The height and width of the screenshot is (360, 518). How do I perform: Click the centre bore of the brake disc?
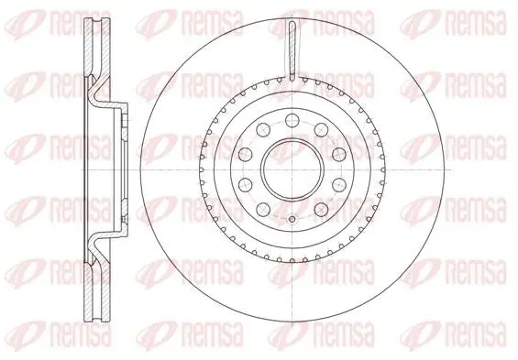tap(292, 169)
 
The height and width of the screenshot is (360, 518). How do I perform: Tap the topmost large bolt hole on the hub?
tap(292, 120)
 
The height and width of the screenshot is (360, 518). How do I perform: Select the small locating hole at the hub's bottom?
tap(292, 219)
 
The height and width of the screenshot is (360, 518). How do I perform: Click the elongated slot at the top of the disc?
tap(292, 50)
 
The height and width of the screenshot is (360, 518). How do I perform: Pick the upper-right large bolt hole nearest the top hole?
tap(321, 129)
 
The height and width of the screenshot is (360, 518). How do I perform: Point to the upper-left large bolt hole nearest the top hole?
tap(263, 129)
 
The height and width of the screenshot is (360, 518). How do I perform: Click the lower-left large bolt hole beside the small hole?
tap(263, 209)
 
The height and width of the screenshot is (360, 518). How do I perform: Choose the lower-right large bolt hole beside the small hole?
tap(321, 209)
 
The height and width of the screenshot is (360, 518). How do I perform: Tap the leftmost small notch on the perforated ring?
tap(201, 169)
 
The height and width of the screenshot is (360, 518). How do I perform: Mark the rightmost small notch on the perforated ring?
tap(383, 169)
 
